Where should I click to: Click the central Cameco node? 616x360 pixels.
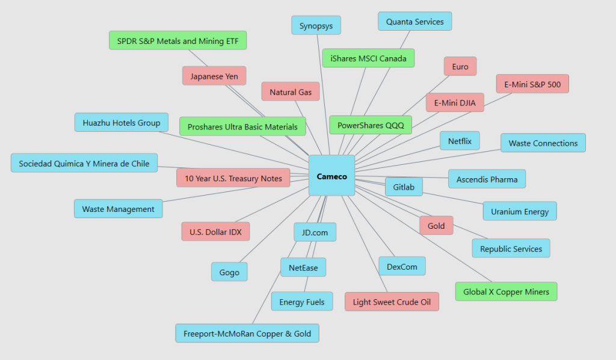click(331, 176)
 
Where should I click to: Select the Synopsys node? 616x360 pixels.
click(316, 26)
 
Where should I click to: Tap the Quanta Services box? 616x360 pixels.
click(414, 22)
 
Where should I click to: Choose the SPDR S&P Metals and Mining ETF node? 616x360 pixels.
click(177, 41)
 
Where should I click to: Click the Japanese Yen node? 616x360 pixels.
click(214, 76)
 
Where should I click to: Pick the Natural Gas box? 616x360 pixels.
click(291, 92)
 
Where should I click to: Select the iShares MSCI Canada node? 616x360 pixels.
click(368, 58)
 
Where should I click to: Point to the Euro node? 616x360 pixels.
click(460, 67)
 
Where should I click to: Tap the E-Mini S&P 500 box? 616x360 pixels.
click(532, 84)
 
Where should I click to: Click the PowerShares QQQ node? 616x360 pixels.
click(371, 125)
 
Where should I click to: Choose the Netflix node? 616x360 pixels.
click(460, 141)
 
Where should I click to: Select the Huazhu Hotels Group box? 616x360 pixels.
click(122, 123)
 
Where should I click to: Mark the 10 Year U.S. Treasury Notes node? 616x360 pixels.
click(233, 178)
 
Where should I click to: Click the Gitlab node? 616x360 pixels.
click(404, 187)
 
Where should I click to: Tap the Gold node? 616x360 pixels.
click(436, 226)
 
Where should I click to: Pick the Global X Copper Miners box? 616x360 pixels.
click(506, 292)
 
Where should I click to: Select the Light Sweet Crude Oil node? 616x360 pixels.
click(392, 302)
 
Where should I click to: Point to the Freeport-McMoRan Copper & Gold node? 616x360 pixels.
click(247, 333)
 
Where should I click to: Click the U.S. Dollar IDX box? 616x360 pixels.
click(215, 232)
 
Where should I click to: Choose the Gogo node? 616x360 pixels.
click(229, 272)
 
